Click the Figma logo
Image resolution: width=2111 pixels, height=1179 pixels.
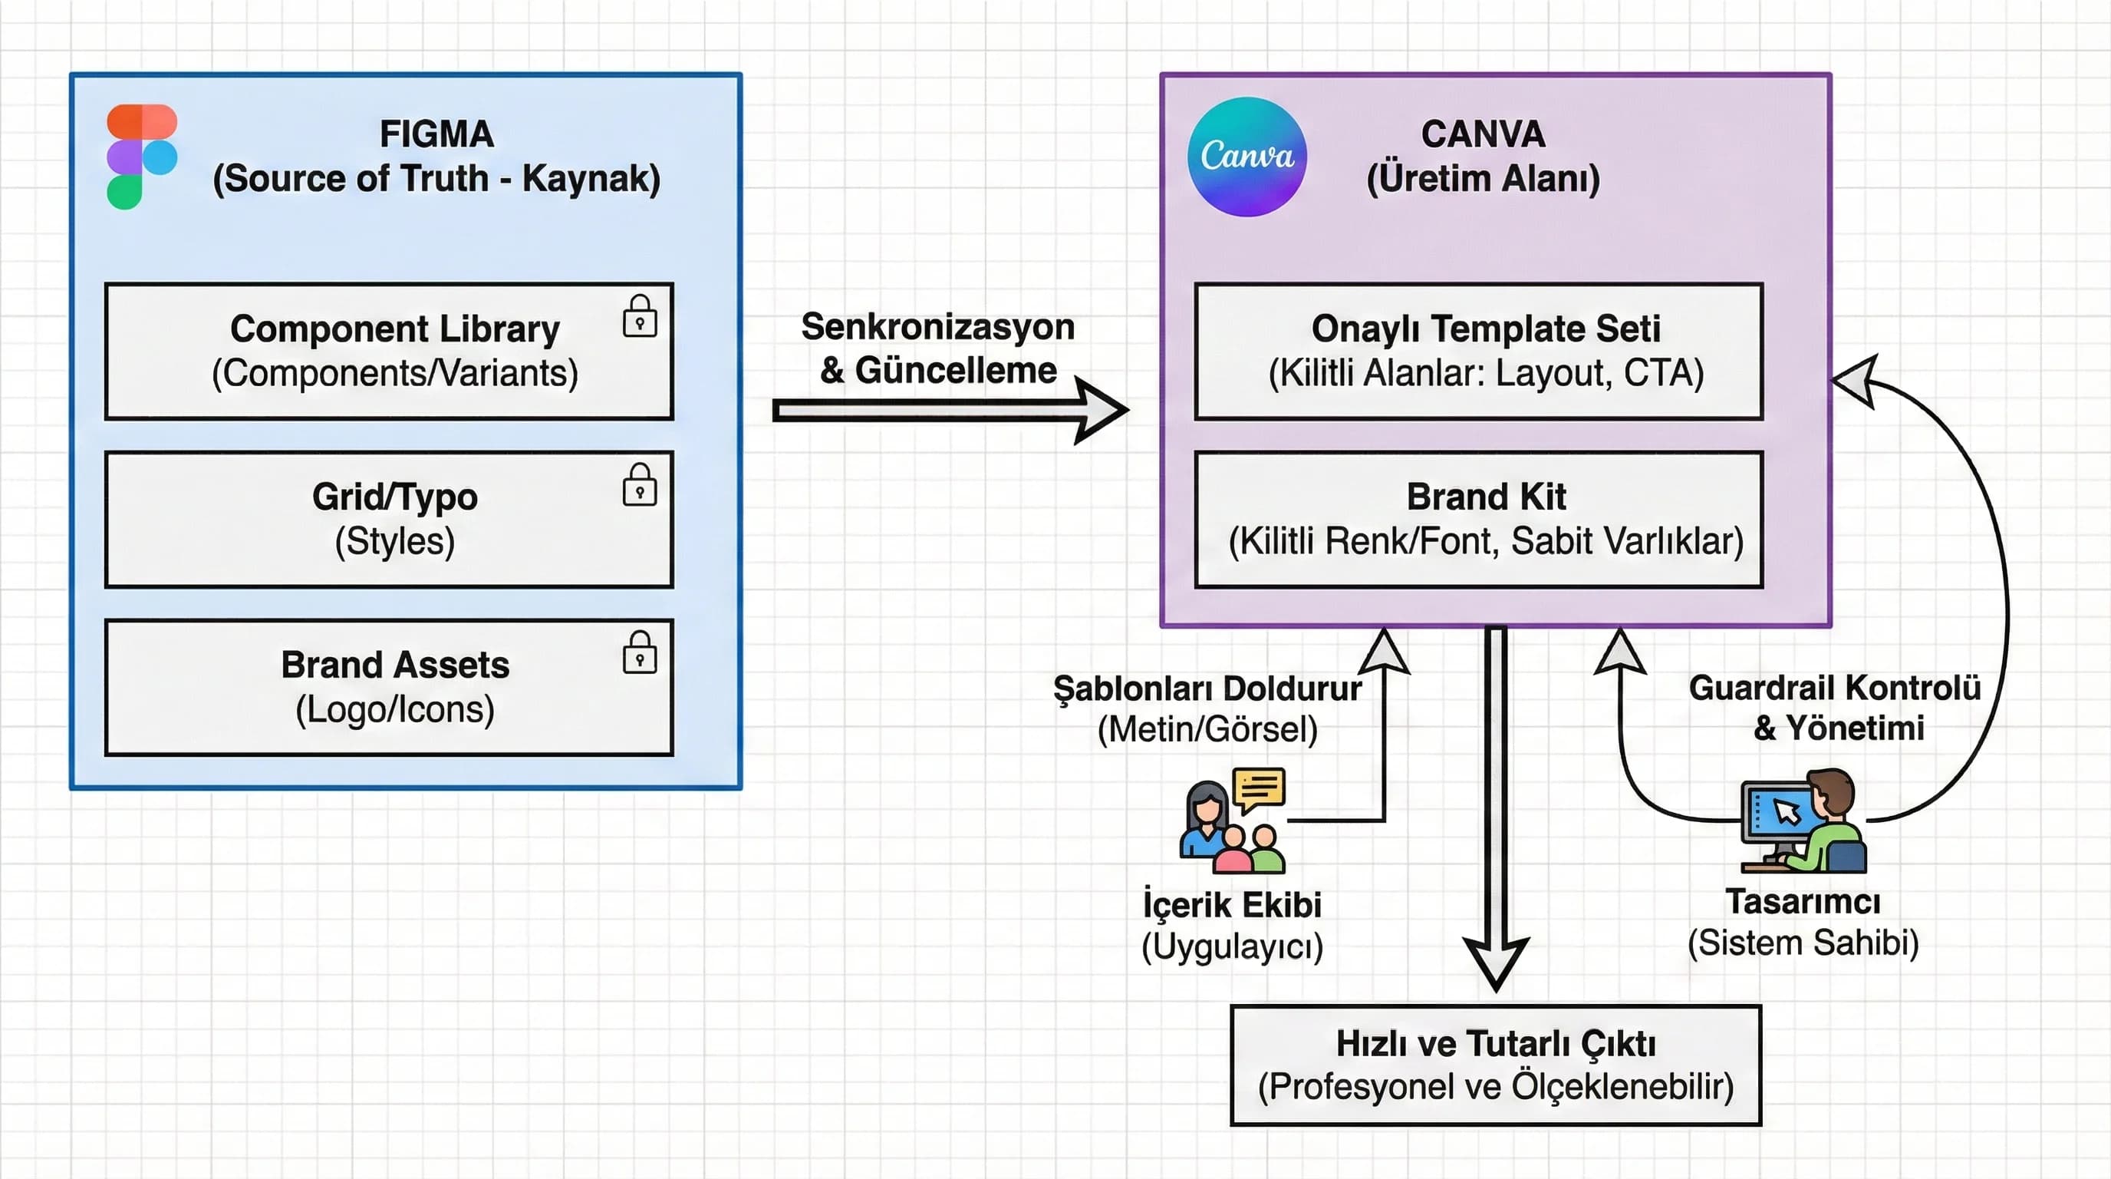[142, 157]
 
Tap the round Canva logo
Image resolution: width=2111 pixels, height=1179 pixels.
[1247, 157]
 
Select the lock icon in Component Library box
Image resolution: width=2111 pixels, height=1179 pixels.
[639, 316]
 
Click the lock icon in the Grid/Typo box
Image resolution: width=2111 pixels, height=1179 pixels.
[639, 484]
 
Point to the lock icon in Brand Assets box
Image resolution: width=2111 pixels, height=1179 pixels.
[639, 652]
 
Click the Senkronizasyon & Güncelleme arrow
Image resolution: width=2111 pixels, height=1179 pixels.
[950, 410]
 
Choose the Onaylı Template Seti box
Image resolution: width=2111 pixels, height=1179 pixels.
[1478, 351]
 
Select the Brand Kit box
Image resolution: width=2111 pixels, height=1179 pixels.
[1478, 519]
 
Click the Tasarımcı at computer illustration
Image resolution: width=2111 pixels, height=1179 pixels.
[1803, 821]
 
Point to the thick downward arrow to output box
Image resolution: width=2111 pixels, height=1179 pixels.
[1497, 804]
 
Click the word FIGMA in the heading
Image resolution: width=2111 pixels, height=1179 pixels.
[436, 134]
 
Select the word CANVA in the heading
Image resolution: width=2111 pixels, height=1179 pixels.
[1484, 134]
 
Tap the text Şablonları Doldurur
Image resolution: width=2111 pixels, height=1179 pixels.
[1207, 689]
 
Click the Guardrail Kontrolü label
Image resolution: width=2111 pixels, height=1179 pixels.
[1834, 689]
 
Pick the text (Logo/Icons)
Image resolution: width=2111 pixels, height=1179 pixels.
[395, 709]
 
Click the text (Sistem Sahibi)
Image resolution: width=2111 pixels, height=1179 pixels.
[1803, 943]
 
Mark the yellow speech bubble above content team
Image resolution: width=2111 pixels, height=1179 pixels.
[1259, 789]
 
